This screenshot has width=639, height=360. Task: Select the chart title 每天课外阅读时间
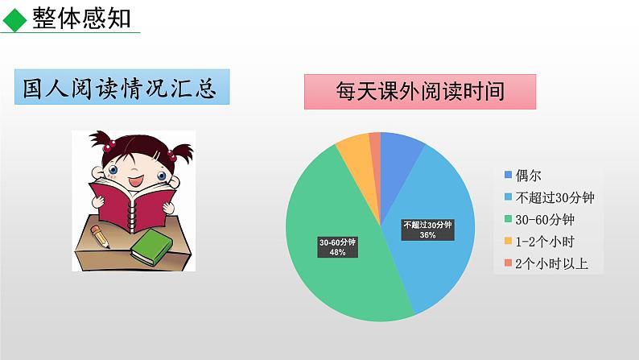coord(420,92)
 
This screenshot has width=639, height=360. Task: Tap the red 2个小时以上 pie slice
coord(375,142)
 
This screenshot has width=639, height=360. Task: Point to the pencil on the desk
coord(101,237)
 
